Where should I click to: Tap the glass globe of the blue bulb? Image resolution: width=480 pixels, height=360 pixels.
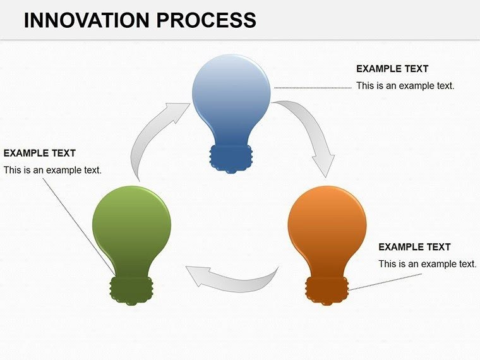pyautogui.click(x=231, y=95)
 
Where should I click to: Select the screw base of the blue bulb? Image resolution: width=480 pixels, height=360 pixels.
pyautogui.click(x=231, y=158)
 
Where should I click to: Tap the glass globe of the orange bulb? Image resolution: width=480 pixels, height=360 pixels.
pyautogui.click(x=327, y=224)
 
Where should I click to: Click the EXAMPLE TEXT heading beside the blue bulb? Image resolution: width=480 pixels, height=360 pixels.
pyautogui.click(x=392, y=69)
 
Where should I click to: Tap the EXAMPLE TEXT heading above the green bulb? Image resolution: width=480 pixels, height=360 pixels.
pyautogui.click(x=39, y=153)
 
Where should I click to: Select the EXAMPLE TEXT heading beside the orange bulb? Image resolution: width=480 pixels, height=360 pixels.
pyautogui.click(x=414, y=247)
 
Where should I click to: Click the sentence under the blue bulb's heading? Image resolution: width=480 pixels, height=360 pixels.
pyautogui.click(x=405, y=85)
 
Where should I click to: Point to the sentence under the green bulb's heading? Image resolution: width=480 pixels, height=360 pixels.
pyautogui.click(x=52, y=170)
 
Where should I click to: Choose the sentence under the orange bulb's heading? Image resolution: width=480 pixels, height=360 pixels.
pyautogui.click(x=427, y=263)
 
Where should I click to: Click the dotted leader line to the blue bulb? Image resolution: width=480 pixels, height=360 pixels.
pyautogui.click(x=313, y=88)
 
